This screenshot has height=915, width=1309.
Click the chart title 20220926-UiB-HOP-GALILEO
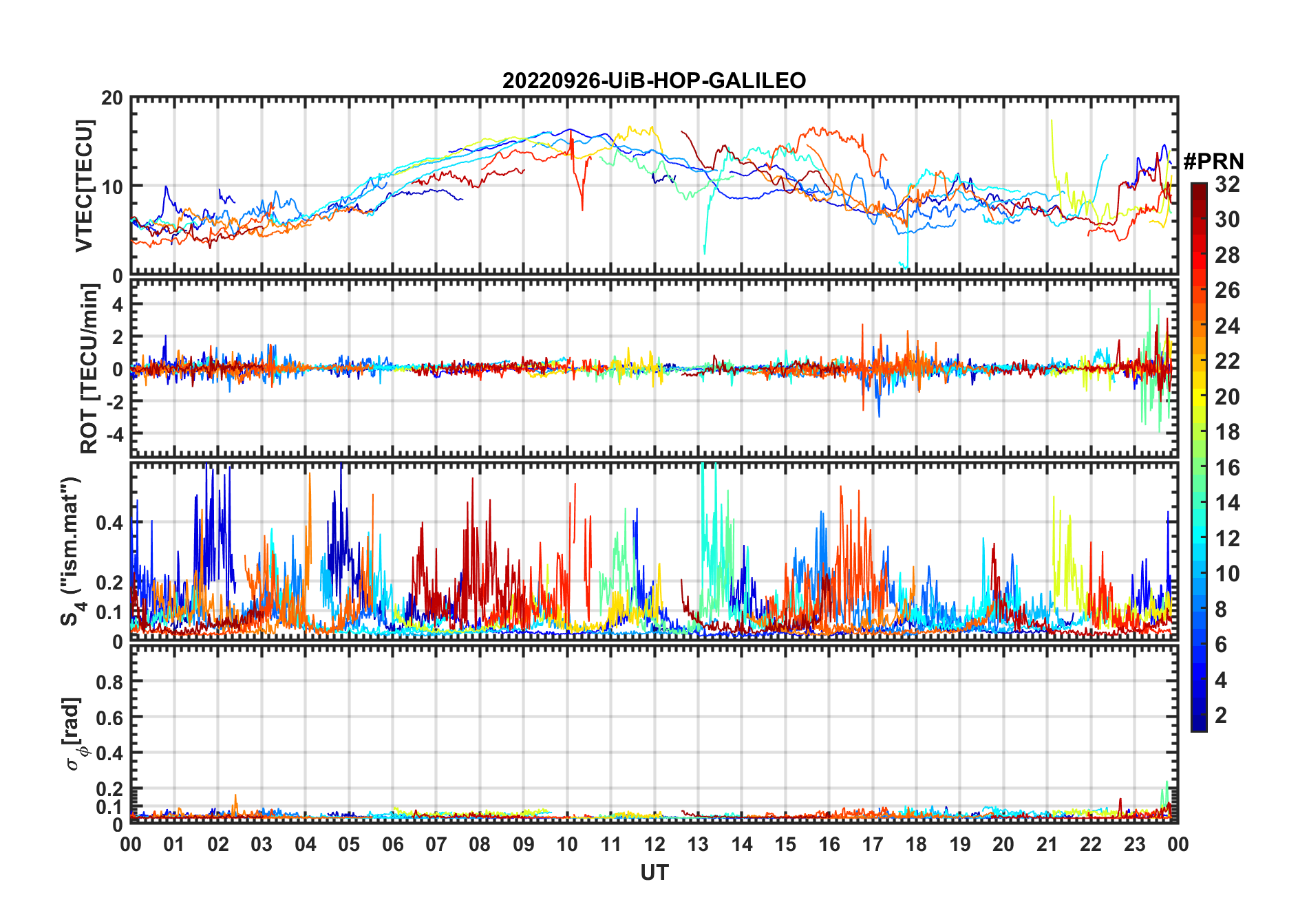click(x=654, y=80)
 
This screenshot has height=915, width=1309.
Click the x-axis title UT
click(x=654, y=872)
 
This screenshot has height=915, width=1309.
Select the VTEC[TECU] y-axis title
click(x=84, y=186)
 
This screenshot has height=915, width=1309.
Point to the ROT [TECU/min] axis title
click(x=89, y=369)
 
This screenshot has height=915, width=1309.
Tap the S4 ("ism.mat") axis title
click(x=72, y=552)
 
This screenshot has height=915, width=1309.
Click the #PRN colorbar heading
click(x=1213, y=162)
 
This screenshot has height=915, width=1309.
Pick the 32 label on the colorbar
click(x=1227, y=184)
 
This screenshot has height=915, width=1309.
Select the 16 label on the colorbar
click(x=1227, y=468)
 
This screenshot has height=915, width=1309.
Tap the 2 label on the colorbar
click(x=1221, y=715)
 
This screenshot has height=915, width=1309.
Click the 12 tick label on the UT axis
click(x=654, y=844)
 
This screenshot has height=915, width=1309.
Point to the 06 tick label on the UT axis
click(x=392, y=844)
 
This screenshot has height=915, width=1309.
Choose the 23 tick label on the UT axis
click(x=1134, y=844)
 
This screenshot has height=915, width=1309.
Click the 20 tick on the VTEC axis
click(x=112, y=98)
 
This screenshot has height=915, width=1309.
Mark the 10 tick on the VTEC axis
click(x=112, y=186)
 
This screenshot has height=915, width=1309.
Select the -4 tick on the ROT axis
click(x=115, y=434)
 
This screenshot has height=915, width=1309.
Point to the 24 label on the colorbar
click(x=1227, y=325)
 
